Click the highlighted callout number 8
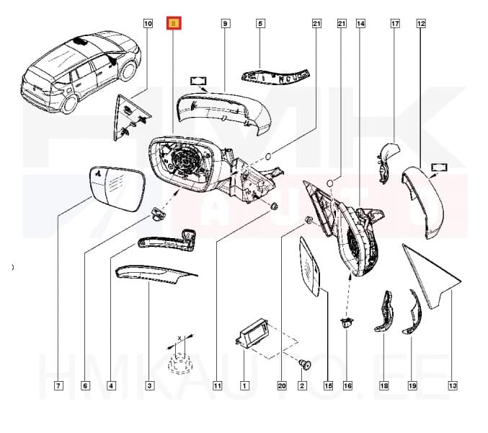coord(174,24)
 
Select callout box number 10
coord(148,24)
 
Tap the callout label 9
coord(225,24)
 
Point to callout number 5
coord(260,24)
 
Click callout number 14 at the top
coord(360,24)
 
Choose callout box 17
coord(395,24)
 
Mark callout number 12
coord(421,24)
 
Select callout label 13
coord(453,386)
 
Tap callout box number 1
coord(244,386)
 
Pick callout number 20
coord(282,386)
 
